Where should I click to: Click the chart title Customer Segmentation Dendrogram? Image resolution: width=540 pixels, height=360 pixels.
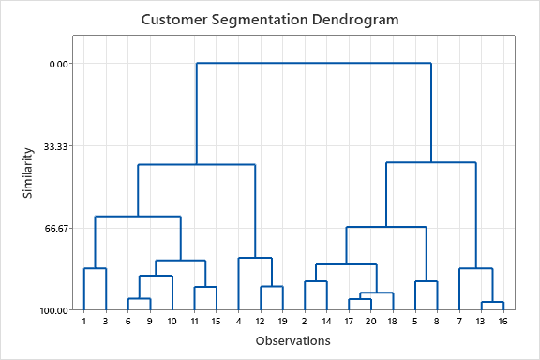(270, 19)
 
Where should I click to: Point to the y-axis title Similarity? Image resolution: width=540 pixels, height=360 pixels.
(29, 171)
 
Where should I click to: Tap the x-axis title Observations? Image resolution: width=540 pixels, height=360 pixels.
(292, 341)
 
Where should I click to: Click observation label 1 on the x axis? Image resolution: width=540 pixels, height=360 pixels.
(83, 322)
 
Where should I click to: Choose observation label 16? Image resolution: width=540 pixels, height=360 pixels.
(503, 322)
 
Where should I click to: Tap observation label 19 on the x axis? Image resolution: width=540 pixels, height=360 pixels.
(282, 322)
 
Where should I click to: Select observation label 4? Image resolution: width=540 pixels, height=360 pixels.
(238, 322)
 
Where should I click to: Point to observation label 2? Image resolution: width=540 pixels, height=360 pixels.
(305, 322)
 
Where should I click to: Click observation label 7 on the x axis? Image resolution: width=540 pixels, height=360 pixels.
(459, 322)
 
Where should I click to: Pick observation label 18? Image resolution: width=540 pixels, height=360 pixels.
(393, 322)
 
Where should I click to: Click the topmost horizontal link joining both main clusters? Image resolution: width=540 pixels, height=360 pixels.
(313, 63)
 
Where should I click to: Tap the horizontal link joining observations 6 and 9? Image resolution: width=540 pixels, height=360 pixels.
(139, 299)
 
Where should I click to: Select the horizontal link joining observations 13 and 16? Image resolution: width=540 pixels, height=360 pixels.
(492, 302)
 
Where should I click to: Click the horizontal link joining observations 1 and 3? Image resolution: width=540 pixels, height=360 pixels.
(95, 269)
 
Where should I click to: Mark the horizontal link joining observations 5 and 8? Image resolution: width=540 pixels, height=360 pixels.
(427, 281)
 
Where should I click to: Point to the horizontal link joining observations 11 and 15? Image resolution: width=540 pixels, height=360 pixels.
(205, 287)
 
